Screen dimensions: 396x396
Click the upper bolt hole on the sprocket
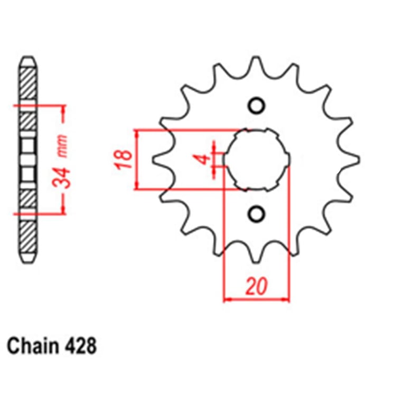coord(257,106)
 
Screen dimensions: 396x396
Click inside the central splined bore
coord(257,159)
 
